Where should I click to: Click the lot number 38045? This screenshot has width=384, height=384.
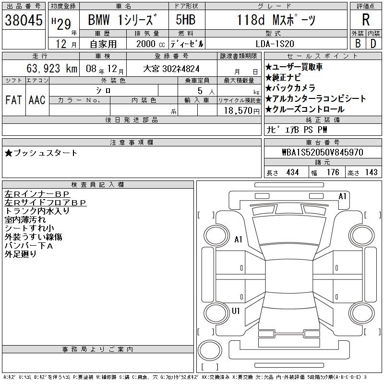[x=24, y=20]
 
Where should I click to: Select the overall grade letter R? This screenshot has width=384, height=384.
[x=366, y=20]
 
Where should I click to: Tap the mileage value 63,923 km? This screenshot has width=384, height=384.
[x=52, y=68]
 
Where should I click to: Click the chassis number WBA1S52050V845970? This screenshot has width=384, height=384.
[x=323, y=152]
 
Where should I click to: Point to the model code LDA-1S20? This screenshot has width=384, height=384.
[x=275, y=44]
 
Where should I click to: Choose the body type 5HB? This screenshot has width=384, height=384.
[x=185, y=20]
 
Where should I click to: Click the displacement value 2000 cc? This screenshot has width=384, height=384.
[x=150, y=44]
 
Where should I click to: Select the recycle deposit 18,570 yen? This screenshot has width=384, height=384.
[x=242, y=111]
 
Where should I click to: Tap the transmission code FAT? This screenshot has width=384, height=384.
[x=13, y=100]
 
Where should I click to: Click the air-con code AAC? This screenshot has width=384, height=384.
[x=37, y=100]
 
